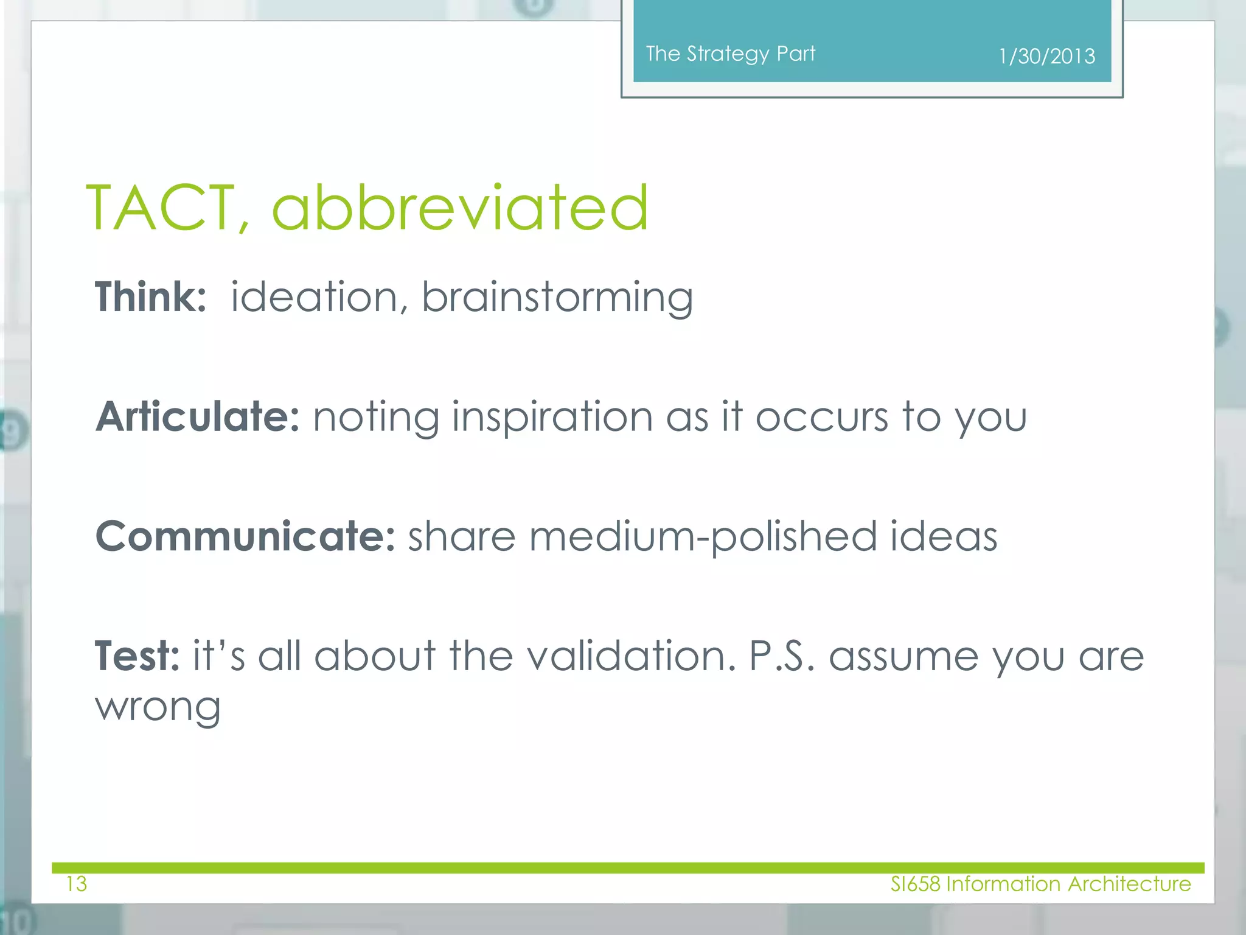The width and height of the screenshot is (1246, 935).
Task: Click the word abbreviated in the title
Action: point(460,208)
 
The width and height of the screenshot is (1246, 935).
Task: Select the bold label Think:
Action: point(150,297)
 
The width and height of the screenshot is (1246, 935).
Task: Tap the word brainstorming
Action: point(557,298)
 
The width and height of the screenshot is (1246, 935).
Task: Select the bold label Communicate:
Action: point(246,537)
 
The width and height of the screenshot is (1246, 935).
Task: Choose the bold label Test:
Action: point(137,656)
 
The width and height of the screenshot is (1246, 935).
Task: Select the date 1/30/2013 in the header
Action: point(1046,57)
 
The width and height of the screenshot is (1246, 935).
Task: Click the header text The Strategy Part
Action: point(730,54)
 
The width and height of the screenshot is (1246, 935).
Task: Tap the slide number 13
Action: point(77,884)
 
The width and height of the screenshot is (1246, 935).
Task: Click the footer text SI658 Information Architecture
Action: point(1040,884)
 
